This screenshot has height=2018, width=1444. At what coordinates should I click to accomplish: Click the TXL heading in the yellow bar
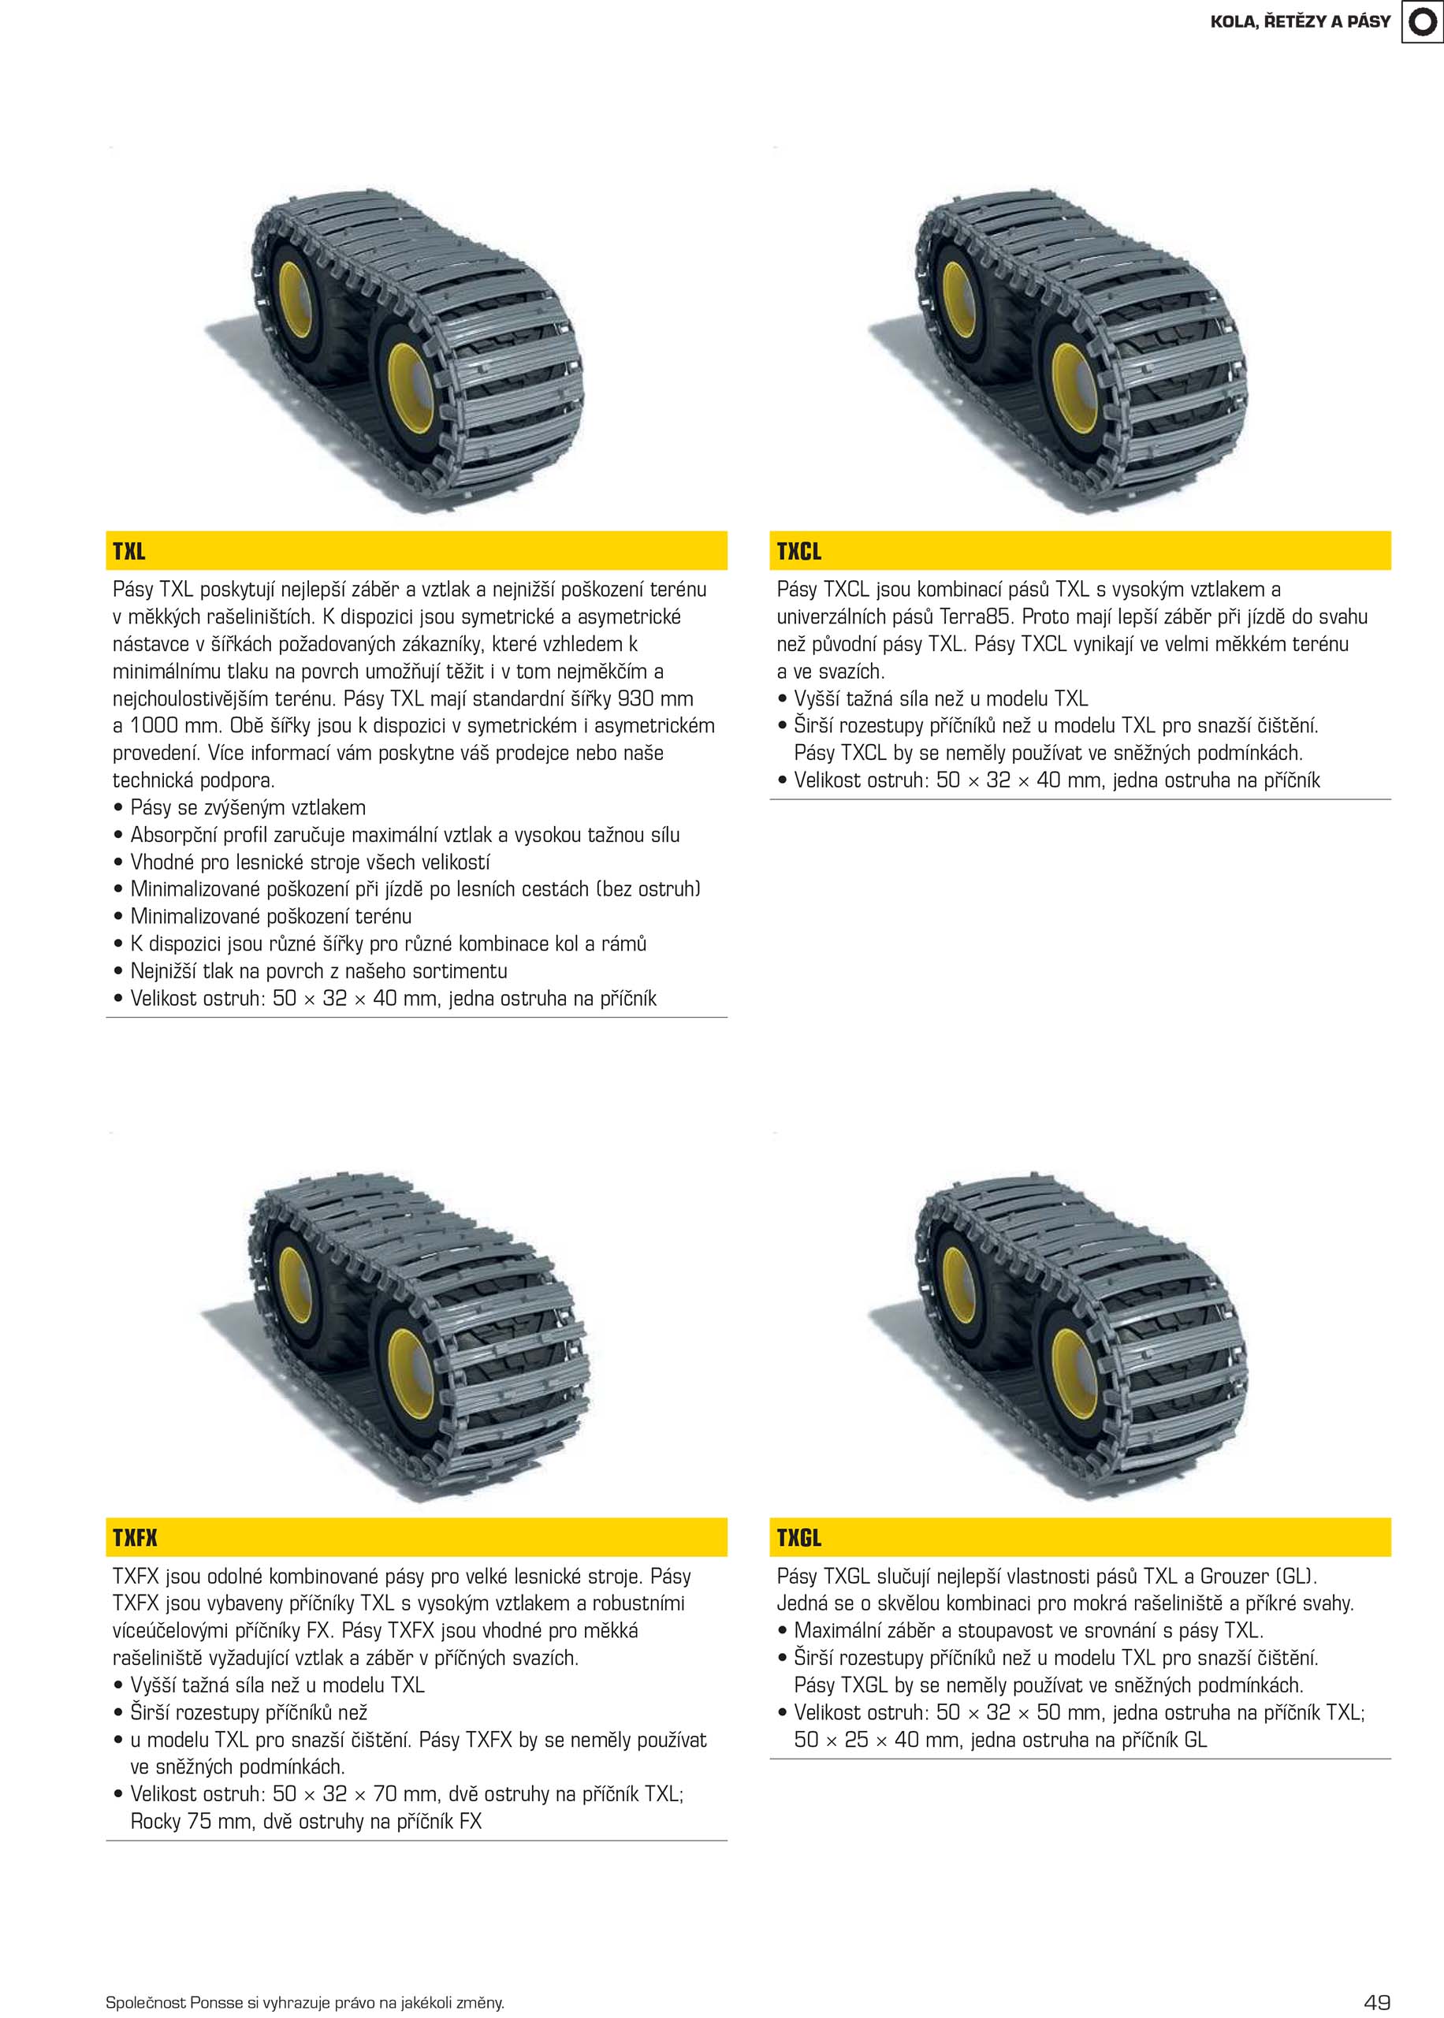[x=129, y=551]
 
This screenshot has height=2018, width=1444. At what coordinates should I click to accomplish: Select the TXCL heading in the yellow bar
[x=798, y=551]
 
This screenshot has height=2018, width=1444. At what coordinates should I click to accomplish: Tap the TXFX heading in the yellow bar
[x=135, y=1537]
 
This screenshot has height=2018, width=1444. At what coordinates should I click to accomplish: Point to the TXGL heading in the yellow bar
[x=798, y=1537]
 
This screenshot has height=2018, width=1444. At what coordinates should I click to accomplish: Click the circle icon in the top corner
[x=1423, y=21]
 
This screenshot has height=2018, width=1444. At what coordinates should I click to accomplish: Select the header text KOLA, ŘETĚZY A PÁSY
[x=1300, y=21]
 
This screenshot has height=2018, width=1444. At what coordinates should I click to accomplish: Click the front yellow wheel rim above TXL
[x=410, y=388]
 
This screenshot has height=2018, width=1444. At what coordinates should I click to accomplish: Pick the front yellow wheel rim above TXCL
[x=1074, y=388]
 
